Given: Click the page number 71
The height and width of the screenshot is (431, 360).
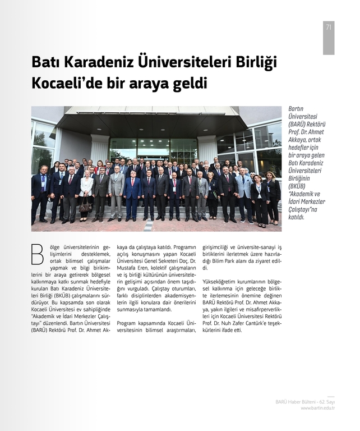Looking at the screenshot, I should point(328,27).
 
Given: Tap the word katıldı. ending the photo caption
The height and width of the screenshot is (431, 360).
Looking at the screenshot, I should point(297,217).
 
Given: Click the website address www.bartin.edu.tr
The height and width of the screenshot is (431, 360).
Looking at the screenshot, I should point(318,408).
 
